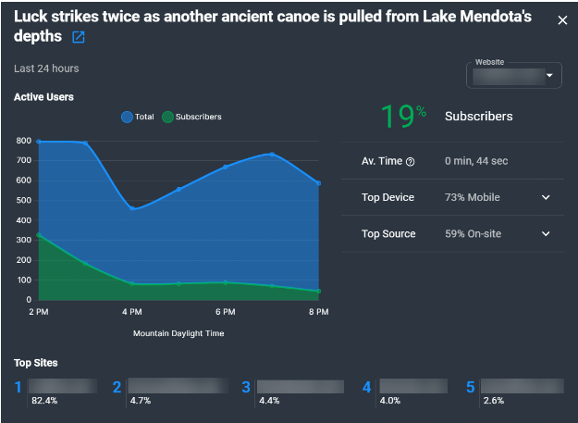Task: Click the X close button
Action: tap(562, 20)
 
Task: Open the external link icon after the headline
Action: tap(79, 37)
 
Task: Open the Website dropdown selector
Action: tap(515, 75)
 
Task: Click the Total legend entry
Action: tap(138, 117)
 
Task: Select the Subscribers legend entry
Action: tap(191, 117)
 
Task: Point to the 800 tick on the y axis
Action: tap(23, 141)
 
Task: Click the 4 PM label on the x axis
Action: tap(132, 312)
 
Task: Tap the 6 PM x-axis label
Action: tap(226, 312)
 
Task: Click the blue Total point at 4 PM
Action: tap(132, 209)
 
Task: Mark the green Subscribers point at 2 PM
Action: tap(39, 235)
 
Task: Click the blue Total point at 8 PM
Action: tap(318, 183)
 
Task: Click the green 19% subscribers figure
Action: tap(403, 117)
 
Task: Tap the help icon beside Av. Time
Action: tap(411, 162)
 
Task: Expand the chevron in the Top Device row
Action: tap(546, 197)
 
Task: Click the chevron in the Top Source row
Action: tap(546, 234)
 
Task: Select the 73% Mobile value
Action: tap(473, 197)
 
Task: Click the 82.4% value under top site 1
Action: tap(43, 401)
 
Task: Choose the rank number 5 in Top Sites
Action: tap(470, 387)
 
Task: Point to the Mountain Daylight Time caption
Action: tap(178, 333)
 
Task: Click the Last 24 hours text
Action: tap(46, 68)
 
